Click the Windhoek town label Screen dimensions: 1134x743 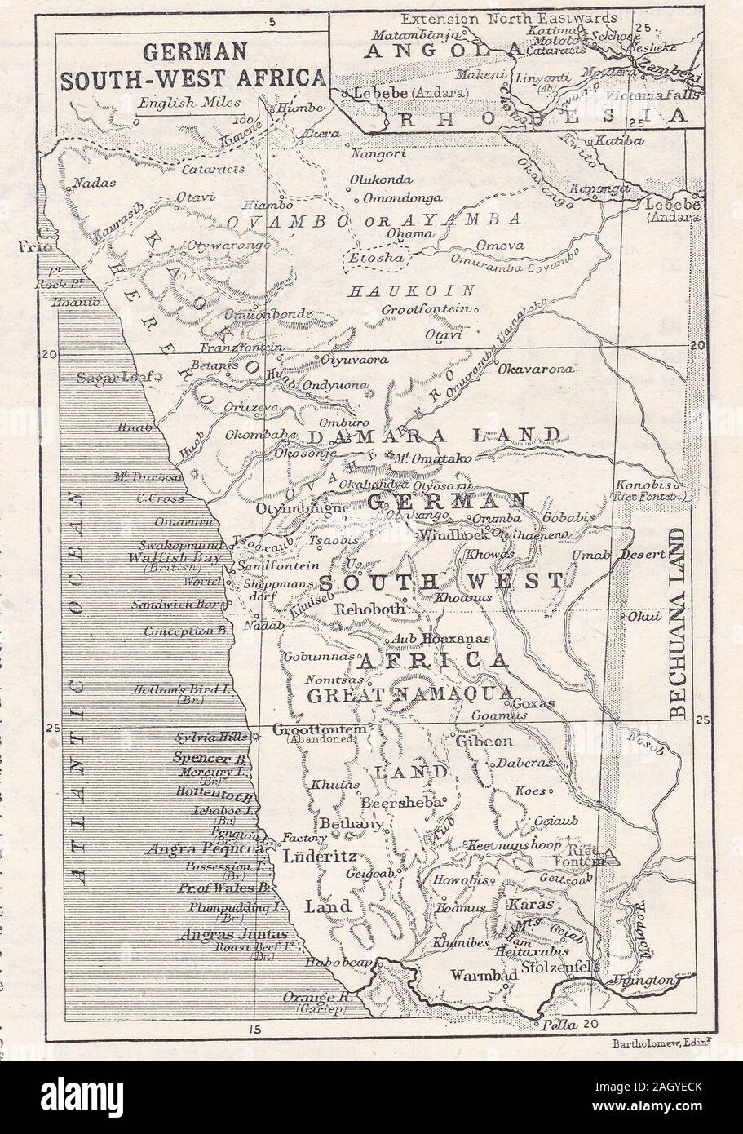(453, 535)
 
